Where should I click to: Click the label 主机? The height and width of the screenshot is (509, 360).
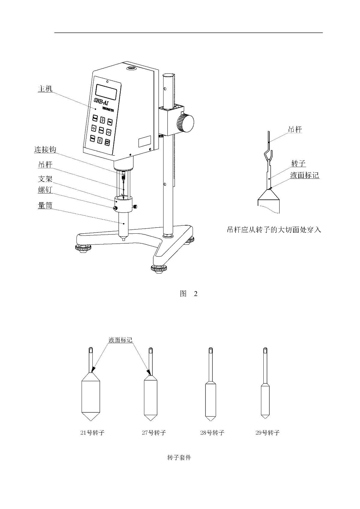[45, 89]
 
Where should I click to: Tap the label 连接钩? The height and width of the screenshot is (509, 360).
[45, 149]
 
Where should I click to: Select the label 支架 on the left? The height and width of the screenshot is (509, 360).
[45, 179]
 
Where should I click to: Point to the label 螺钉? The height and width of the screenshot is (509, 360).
[45, 190]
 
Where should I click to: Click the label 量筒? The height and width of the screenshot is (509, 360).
[45, 205]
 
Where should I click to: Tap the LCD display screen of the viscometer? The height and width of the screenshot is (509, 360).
[106, 91]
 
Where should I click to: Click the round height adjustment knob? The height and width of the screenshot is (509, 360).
[185, 123]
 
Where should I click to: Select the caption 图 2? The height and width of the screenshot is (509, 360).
[188, 294]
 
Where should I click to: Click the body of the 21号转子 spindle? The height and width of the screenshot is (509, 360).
[91, 397]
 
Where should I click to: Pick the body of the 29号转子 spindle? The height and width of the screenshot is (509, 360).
[265, 400]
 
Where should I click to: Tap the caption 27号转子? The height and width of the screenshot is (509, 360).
[154, 433]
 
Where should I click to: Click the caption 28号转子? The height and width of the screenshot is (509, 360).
[212, 433]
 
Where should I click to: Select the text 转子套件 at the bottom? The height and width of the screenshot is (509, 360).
[179, 458]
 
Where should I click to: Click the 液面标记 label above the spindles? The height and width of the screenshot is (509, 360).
[120, 340]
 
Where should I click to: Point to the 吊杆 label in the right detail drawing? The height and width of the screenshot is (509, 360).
[295, 130]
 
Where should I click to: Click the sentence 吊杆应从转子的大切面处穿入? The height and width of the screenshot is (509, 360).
[274, 230]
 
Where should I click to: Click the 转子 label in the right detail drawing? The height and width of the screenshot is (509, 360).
[298, 163]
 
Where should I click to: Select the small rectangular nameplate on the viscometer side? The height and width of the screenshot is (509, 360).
[144, 142]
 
